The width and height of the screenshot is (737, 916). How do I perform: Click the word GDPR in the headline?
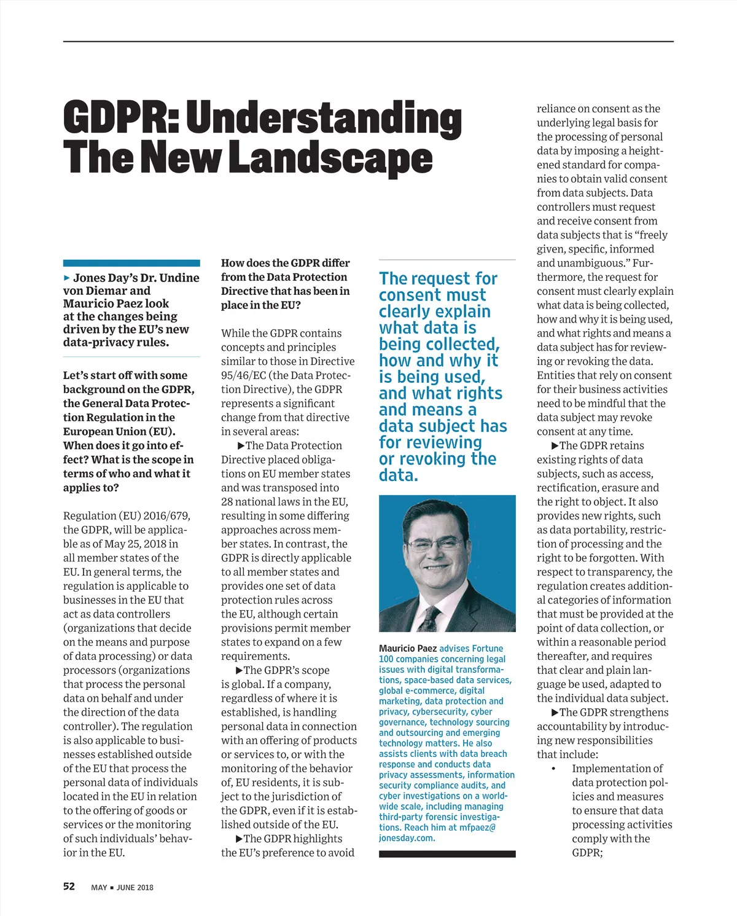(x=120, y=118)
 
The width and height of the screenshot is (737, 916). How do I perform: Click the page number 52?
(x=69, y=886)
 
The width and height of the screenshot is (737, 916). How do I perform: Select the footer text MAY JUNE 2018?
(x=122, y=887)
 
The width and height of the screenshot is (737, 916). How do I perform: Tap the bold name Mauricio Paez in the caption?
(x=408, y=648)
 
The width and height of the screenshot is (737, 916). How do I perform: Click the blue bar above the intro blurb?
(x=131, y=263)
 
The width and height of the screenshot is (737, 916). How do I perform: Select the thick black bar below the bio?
(x=447, y=854)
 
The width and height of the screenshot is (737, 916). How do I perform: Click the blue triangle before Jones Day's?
(x=67, y=278)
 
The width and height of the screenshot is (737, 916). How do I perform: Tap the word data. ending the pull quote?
(x=398, y=476)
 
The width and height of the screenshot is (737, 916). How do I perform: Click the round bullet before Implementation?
(x=553, y=769)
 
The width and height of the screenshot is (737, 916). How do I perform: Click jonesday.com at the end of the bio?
(x=407, y=838)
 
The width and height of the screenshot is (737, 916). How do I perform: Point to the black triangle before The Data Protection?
(x=241, y=445)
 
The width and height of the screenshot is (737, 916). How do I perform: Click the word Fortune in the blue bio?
(x=488, y=648)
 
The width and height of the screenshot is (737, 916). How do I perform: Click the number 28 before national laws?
(x=227, y=501)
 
